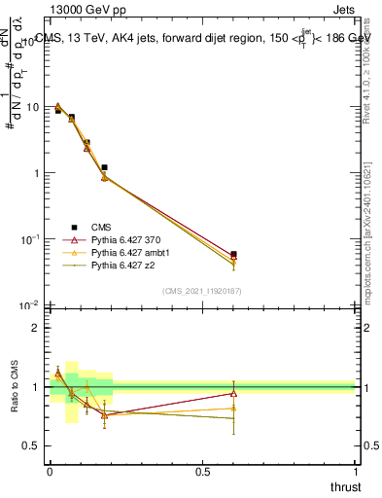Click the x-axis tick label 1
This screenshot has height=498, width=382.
[356, 472]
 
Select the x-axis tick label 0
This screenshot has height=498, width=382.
[50, 472]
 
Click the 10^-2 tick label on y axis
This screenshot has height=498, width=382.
[29, 306]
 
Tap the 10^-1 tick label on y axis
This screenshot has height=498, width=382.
[29, 239]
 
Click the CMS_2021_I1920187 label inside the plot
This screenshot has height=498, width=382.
[201, 291]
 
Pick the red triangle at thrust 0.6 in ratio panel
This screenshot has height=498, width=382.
[233, 393]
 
